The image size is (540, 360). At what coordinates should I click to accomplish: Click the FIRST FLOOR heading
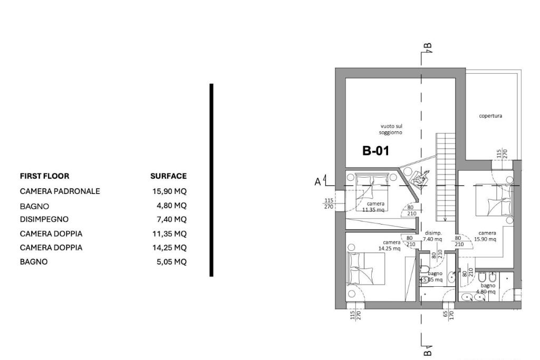point(44,176)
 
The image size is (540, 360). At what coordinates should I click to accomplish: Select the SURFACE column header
point(168,176)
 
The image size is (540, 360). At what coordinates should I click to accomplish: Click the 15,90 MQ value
point(169,191)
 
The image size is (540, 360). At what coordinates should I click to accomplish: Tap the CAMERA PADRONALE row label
point(60,191)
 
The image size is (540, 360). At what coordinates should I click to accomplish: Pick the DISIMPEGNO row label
point(44,219)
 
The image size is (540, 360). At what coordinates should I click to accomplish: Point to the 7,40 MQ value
point(171,219)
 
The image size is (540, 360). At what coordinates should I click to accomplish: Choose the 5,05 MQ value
point(171,261)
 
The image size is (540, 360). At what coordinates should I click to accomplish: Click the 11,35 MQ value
point(169,233)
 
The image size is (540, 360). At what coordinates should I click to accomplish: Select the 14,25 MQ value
point(169,247)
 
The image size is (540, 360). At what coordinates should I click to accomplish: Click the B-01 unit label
point(375,151)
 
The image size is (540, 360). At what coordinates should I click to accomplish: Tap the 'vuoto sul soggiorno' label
point(391,129)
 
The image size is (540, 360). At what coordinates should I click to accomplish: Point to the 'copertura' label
point(490,116)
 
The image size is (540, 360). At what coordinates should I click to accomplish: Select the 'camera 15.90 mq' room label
point(487,236)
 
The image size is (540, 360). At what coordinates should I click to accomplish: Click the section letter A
point(317,182)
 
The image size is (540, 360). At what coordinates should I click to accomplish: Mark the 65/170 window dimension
point(448,315)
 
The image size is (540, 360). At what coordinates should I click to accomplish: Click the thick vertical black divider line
point(211,179)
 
